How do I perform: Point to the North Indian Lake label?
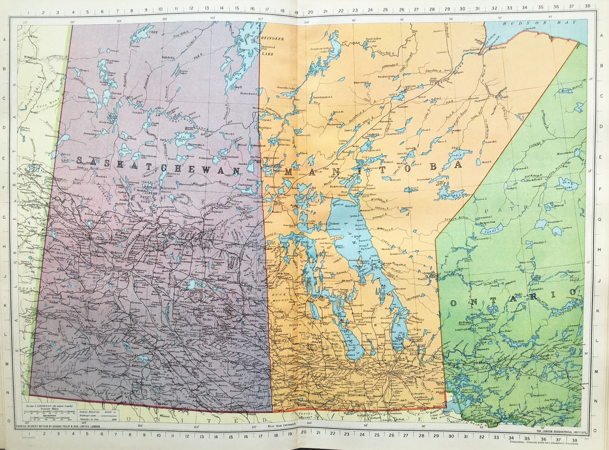pos(373,39)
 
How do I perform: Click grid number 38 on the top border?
pos(588,6)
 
